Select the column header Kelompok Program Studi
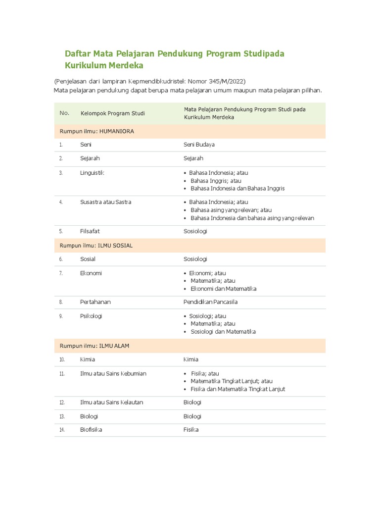click(x=113, y=113)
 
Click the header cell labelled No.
click(x=64, y=113)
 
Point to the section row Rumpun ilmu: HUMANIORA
click(x=96, y=131)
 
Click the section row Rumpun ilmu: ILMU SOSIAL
click(x=96, y=246)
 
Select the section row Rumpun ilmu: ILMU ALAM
click(x=94, y=346)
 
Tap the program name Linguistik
click(x=92, y=173)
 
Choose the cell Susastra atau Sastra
click(x=105, y=202)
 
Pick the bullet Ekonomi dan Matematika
click(x=224, y=289)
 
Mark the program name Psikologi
click(x=91, y=316)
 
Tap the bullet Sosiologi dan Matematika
click(x=223, y=332)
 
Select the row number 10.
click(x=62, y=359)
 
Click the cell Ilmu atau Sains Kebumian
click(x=113, y=373)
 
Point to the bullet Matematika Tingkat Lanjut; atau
click(x=232, y=381)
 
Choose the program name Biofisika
click(x=91, y=430)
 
